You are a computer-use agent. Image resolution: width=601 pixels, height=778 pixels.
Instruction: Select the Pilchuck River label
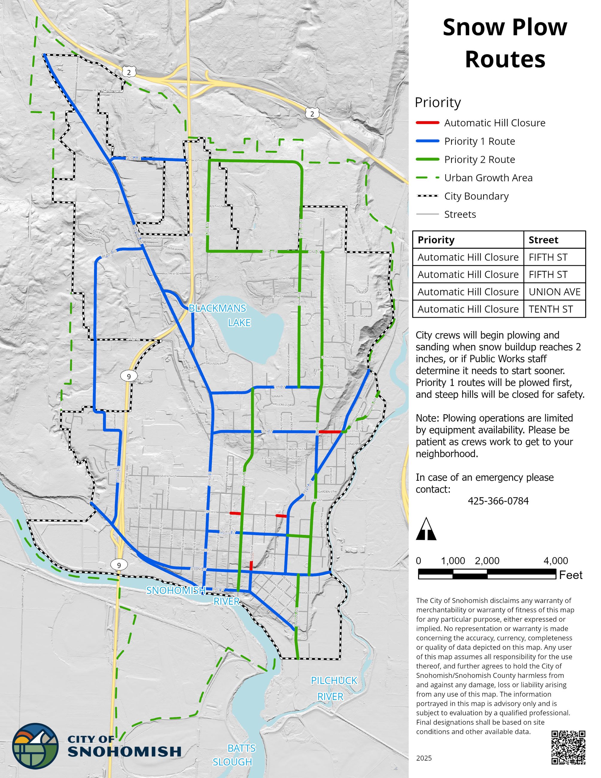333,688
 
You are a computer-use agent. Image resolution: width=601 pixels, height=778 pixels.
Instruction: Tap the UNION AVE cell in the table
554,292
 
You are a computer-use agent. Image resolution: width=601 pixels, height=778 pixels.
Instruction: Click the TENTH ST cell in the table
550,309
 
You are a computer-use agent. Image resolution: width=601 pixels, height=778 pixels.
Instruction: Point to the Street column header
543,240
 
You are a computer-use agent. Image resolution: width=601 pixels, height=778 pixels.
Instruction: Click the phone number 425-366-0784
498,501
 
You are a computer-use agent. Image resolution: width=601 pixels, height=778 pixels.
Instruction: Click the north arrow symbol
426,530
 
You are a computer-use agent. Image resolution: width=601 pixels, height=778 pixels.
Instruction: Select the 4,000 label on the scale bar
556,561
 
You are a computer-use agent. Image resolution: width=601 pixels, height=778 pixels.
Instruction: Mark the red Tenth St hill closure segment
330,432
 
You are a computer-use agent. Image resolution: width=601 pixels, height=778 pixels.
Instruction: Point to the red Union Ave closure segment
251,565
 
